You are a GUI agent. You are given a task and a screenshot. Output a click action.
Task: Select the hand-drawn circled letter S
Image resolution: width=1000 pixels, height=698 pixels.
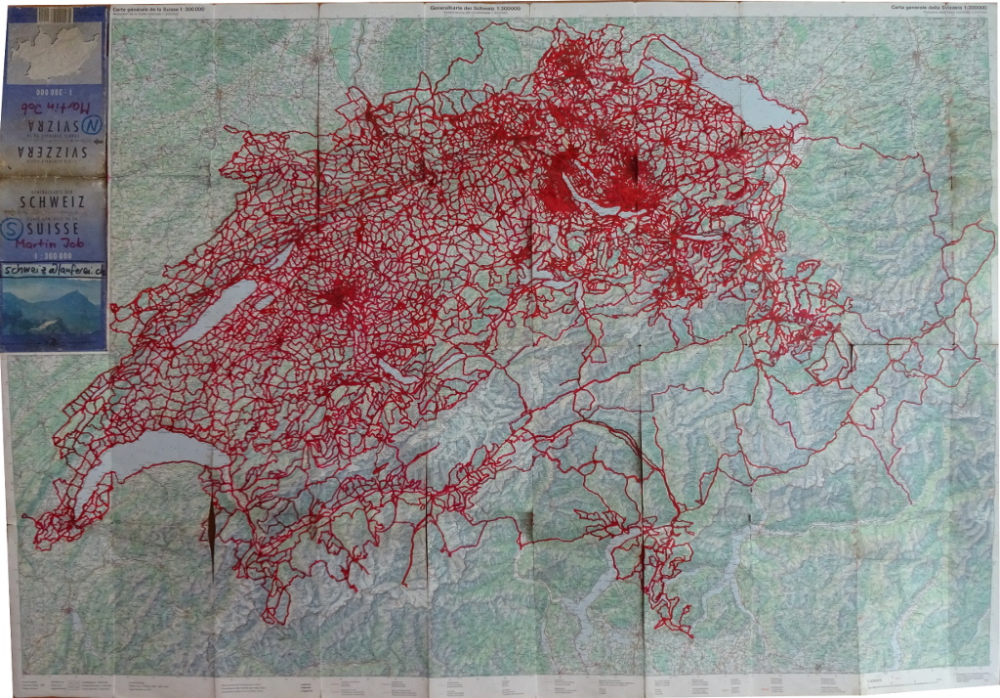pos(16,228)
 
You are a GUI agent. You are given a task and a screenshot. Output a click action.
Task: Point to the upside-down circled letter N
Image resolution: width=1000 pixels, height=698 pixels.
pos(93,125)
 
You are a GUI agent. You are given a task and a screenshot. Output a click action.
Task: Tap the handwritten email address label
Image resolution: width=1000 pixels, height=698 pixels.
pos(55,271)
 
